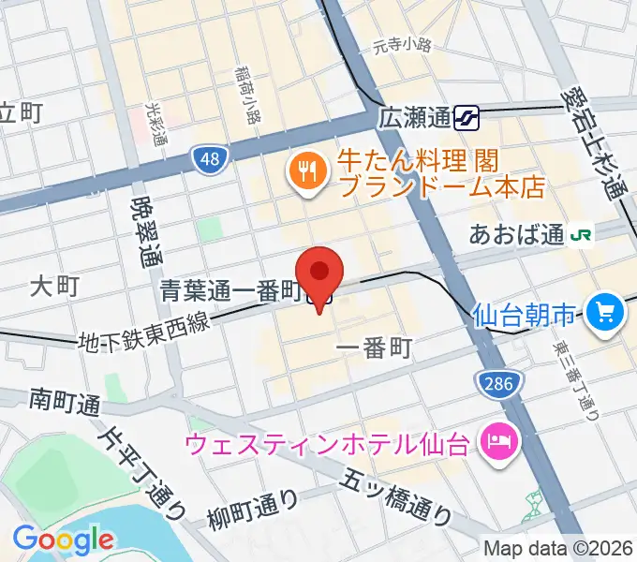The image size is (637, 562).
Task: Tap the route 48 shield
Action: point(212,159)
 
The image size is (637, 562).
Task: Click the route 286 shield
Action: point(494,381)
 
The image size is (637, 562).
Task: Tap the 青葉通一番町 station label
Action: point(230,293)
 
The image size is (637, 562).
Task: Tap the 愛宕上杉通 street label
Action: point(595,141)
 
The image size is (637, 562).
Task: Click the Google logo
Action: point(63,540)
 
